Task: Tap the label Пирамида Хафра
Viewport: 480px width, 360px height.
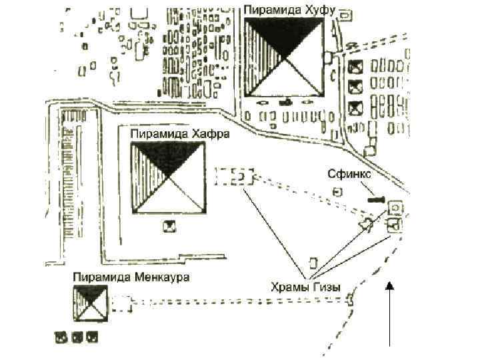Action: pos(179,134)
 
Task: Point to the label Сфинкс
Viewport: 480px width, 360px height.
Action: pos(349,174)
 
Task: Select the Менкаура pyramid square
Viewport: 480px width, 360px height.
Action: pos(91,303)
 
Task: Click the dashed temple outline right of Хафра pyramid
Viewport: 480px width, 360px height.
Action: pos(235,177)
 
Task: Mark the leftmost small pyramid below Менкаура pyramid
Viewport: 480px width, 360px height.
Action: pos(61,337)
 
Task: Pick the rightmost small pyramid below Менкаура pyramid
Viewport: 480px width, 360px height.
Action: pos(93,337)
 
